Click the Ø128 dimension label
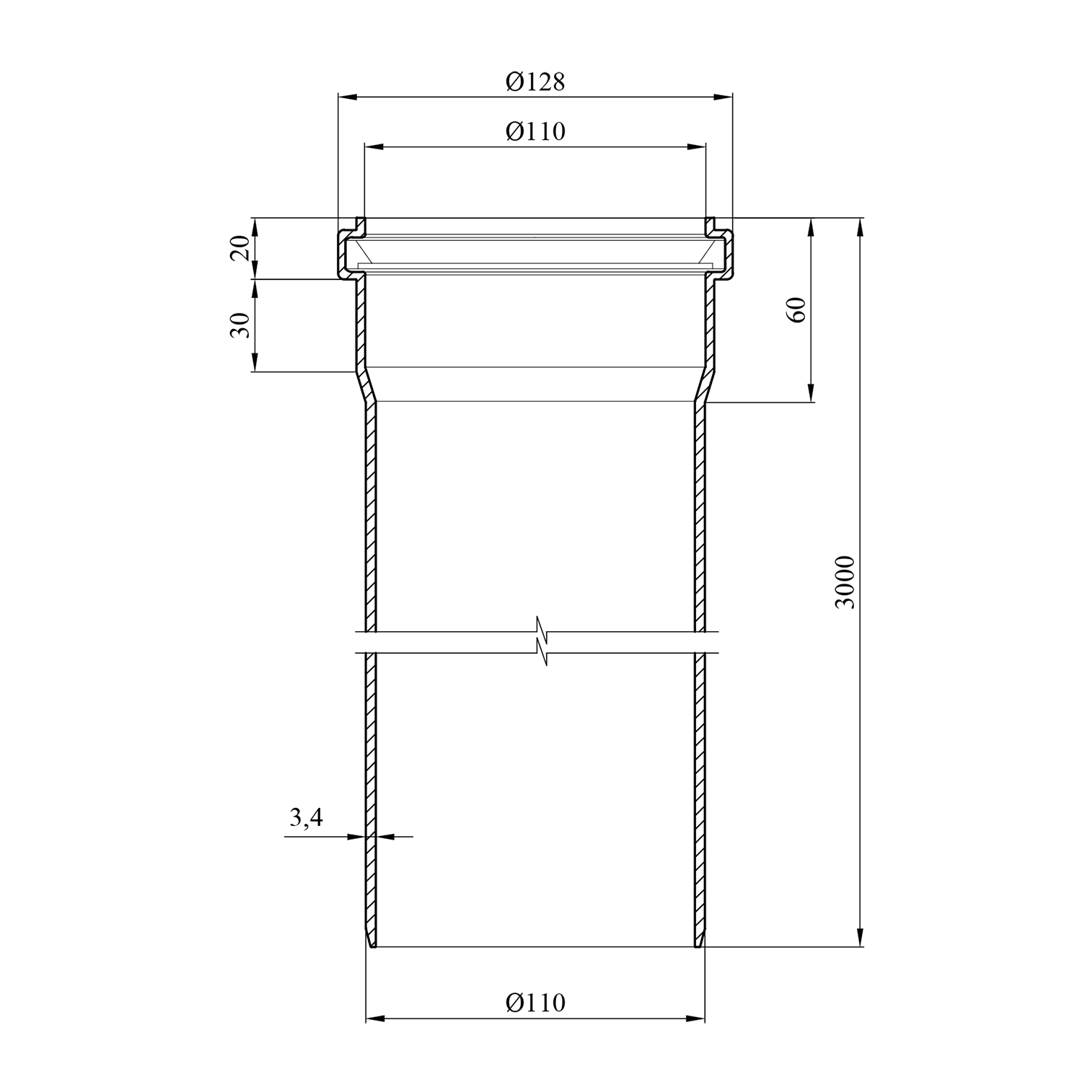point(535,82)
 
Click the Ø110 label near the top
point(535,131)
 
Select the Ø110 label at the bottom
point(535,1003)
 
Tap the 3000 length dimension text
point(845,582)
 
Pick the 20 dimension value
point(242,248)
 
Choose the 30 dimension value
point(242,325)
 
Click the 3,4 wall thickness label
point(307,817)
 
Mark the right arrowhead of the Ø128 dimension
point(723,96)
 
